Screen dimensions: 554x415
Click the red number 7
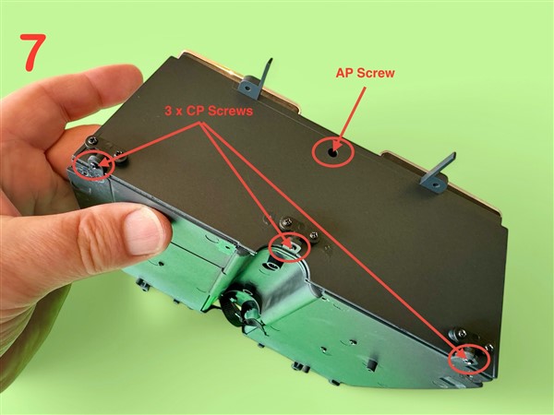coord(33,52)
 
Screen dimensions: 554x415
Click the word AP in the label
coord(344,73)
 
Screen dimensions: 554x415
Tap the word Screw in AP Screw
coord(376,73)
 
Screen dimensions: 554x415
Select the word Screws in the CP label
coord(230,111)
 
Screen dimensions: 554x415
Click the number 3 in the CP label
coord(169,111)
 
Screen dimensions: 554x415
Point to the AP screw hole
coord(332,153)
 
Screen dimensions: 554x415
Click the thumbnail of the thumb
coord(143,231)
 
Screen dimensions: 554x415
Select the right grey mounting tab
coord(438,173)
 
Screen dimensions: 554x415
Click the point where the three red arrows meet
coord(201,123)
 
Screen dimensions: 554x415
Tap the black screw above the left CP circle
coord(93,140)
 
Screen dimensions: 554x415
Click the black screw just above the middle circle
coord(285,222)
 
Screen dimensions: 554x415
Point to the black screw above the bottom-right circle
coord(463,332)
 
